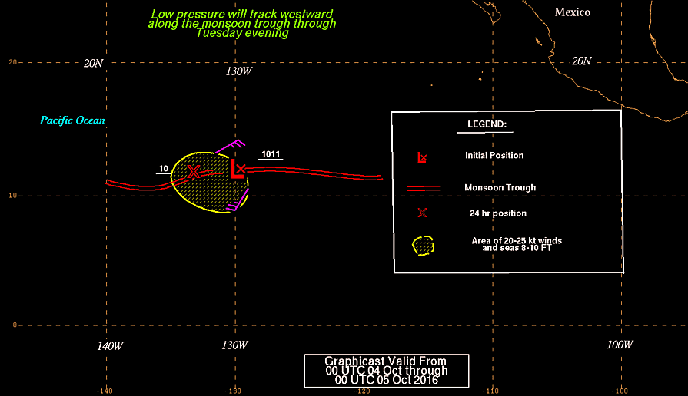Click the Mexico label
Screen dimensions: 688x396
[x=572, y=12]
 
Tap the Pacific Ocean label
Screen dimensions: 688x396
[x=72, y=120]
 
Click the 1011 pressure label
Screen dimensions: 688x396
[x=271, y=154]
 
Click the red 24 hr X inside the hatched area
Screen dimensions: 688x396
[x=194, y=172]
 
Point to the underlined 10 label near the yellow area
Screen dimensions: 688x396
[x=164, y=169]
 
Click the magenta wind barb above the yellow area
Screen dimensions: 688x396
[x=230, y=147]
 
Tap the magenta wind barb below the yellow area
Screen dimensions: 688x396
[x=238, y=200]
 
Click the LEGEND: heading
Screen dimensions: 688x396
[x=487, y=124]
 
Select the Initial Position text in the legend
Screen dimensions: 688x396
[x=494, y=156]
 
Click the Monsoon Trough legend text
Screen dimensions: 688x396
[x=500, y=187]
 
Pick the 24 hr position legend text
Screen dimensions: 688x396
[x=498, y=213]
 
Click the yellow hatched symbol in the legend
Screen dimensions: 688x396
[x=424, y=246]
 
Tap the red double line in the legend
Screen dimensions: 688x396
[x=424, y=188]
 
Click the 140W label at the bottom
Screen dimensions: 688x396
[x=110, y=346]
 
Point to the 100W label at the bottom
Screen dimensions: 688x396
[x=620, y=345]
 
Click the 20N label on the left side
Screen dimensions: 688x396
[x=94, y=64]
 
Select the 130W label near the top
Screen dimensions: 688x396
[x=239, y=71]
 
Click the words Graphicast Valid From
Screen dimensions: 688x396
[x=385, y=361]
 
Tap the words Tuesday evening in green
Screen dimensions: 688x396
[x=242, y=33]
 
